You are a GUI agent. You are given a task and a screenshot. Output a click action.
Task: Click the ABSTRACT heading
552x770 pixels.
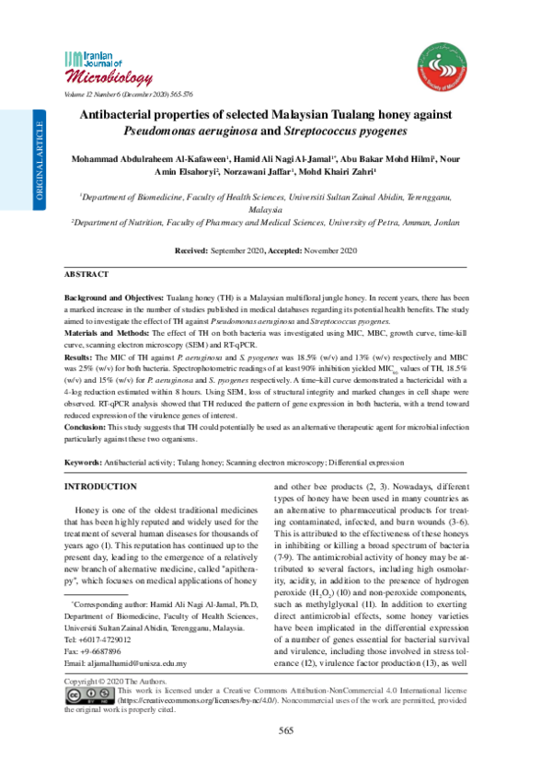point(86,275)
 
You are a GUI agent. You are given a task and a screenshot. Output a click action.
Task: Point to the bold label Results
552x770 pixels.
point(79,355)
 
